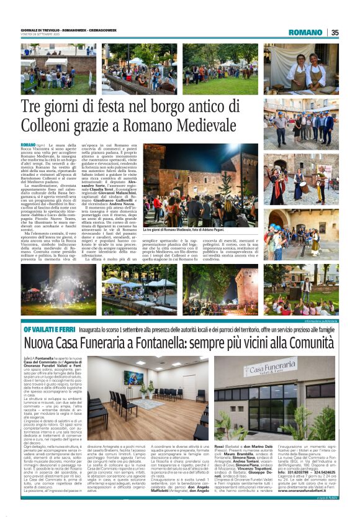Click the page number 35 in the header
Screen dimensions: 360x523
coord(335,32)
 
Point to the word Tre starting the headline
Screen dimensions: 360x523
coord(31,107)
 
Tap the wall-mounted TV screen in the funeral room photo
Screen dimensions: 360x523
coord(133,377)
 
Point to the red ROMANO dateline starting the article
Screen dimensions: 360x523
coord(29,144)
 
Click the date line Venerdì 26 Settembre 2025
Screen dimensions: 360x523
coord(40,34)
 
